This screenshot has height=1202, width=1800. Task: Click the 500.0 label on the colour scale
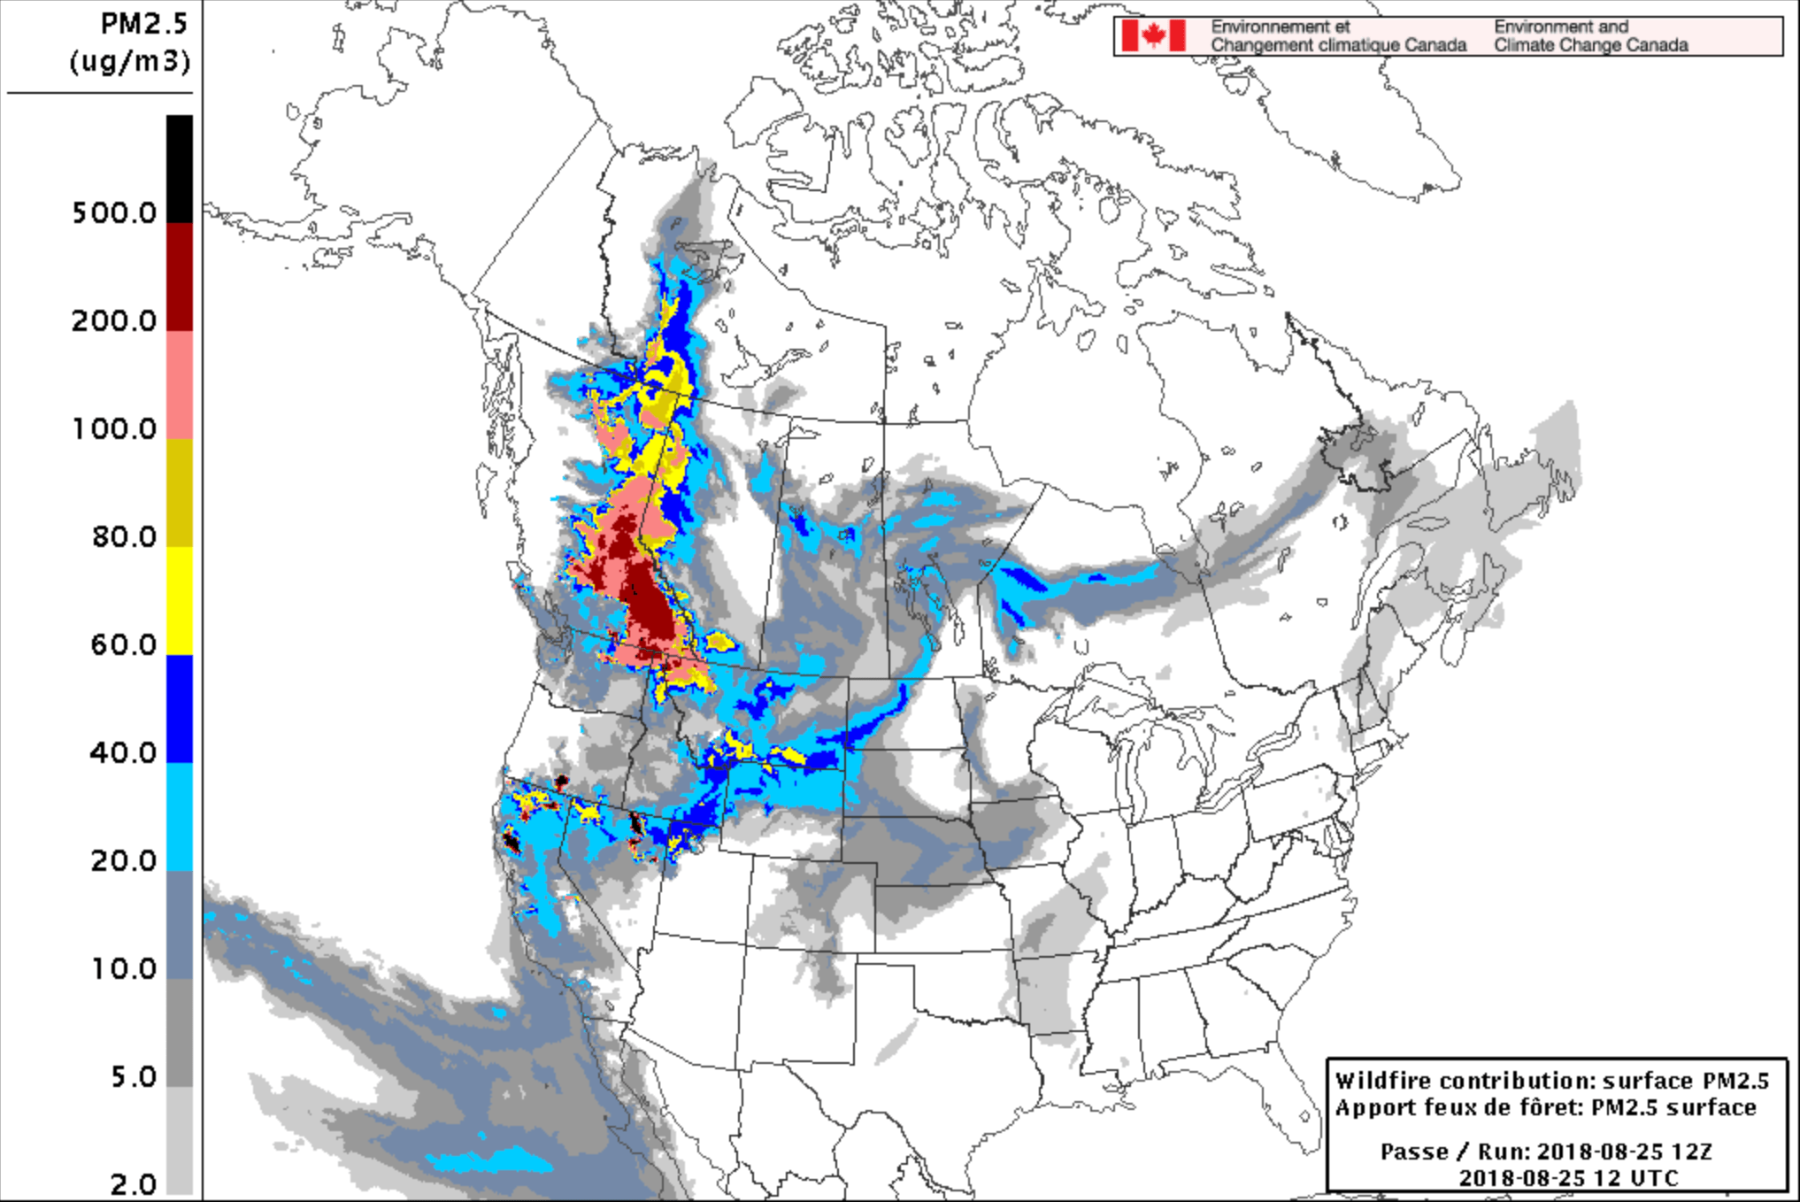click(x=113, y=212)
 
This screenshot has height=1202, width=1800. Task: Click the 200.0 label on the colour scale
click(x=113, y=320)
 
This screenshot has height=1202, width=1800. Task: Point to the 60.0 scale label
click(x=123, y=644)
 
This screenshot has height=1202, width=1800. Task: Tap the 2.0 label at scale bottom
click(x=133, y=1183)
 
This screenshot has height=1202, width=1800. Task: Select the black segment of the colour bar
click(x=180, y=168)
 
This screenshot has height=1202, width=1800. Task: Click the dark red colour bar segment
click(x=180, y=276)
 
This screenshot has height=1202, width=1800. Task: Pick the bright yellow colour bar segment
click(x=180, y=600)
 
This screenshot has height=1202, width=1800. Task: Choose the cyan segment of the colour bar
click(x=180, y=816)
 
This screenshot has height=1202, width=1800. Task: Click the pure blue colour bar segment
click(x=180, y=708)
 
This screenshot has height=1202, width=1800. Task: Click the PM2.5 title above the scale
click(x=143, y=24)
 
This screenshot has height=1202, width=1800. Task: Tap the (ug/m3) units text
click(x=130, y=61)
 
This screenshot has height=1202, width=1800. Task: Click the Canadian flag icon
click(x=1153, y=36)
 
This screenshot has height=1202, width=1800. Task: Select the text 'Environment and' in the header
click(x=1561, y=27)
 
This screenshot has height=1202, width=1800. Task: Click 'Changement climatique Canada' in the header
click(x=1338, y=45)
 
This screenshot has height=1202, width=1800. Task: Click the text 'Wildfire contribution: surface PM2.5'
click(x=1551, y=1081)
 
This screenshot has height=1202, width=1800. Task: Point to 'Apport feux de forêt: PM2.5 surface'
click(x=1545, y=1107)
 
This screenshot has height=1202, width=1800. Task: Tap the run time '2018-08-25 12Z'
click(x=1625, y=1152)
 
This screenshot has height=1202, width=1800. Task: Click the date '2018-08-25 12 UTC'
click(x=1568, y=1178)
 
